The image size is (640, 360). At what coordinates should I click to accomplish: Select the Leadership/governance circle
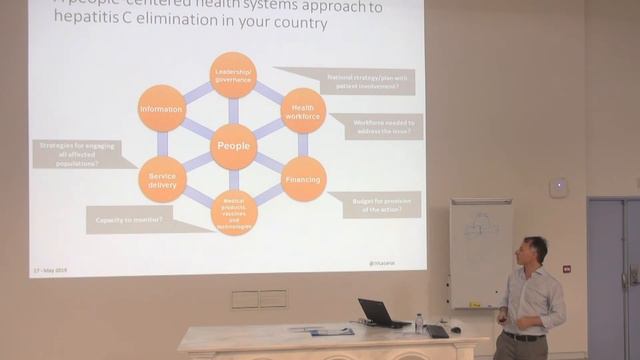coord(233,75)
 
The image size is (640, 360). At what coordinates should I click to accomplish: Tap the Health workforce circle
coord(302,110)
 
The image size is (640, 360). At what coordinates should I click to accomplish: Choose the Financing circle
coord(303,179)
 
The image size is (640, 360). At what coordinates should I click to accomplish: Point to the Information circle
coord(162,108)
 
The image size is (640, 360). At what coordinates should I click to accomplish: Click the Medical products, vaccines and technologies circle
coord(234,212)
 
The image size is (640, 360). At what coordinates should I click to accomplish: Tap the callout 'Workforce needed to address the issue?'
coord(377,126)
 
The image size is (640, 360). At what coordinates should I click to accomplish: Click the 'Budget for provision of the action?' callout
coord(379,205)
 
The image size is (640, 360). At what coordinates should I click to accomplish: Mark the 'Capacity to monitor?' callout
coord(130,219)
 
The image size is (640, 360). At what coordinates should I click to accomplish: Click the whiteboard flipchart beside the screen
coord(480,250)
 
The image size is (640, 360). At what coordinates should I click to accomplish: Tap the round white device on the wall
coord(558,188)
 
